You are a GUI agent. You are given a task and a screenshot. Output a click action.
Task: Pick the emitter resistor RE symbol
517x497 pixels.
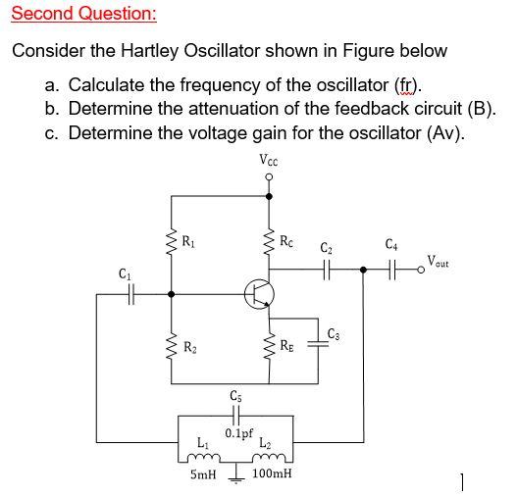[269, 346]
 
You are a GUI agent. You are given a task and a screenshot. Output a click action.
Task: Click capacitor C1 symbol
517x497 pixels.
[126, 291]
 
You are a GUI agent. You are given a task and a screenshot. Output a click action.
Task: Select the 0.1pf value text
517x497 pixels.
[238, 433]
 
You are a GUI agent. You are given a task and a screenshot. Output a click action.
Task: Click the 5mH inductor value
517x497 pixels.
[203, 473]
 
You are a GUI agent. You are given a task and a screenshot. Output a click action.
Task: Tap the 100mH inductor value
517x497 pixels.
[272, 473]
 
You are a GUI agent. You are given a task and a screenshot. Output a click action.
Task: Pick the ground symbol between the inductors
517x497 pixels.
[235, 471]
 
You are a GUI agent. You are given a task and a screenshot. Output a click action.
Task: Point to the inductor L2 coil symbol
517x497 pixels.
[265, 455]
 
